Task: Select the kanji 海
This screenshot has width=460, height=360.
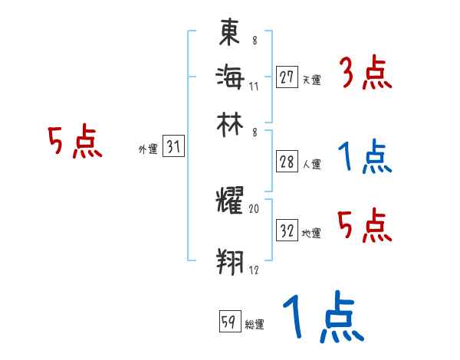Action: pos(230,77)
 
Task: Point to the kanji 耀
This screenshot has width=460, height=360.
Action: pos(230,203)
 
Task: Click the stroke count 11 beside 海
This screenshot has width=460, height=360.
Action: pos(254,86)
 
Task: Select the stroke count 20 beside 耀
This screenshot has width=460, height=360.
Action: pos(254,208)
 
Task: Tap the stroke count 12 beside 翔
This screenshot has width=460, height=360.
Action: pos(254,270)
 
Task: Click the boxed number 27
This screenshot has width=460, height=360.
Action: pos(287,77)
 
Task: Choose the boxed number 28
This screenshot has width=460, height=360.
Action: pos(287,162)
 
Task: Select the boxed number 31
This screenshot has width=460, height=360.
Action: pos(173,148)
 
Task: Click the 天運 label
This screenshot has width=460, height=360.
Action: pos(311,80)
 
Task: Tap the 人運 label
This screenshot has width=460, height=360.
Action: pos(311,164)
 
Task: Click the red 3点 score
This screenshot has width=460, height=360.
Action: pos(365,75)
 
